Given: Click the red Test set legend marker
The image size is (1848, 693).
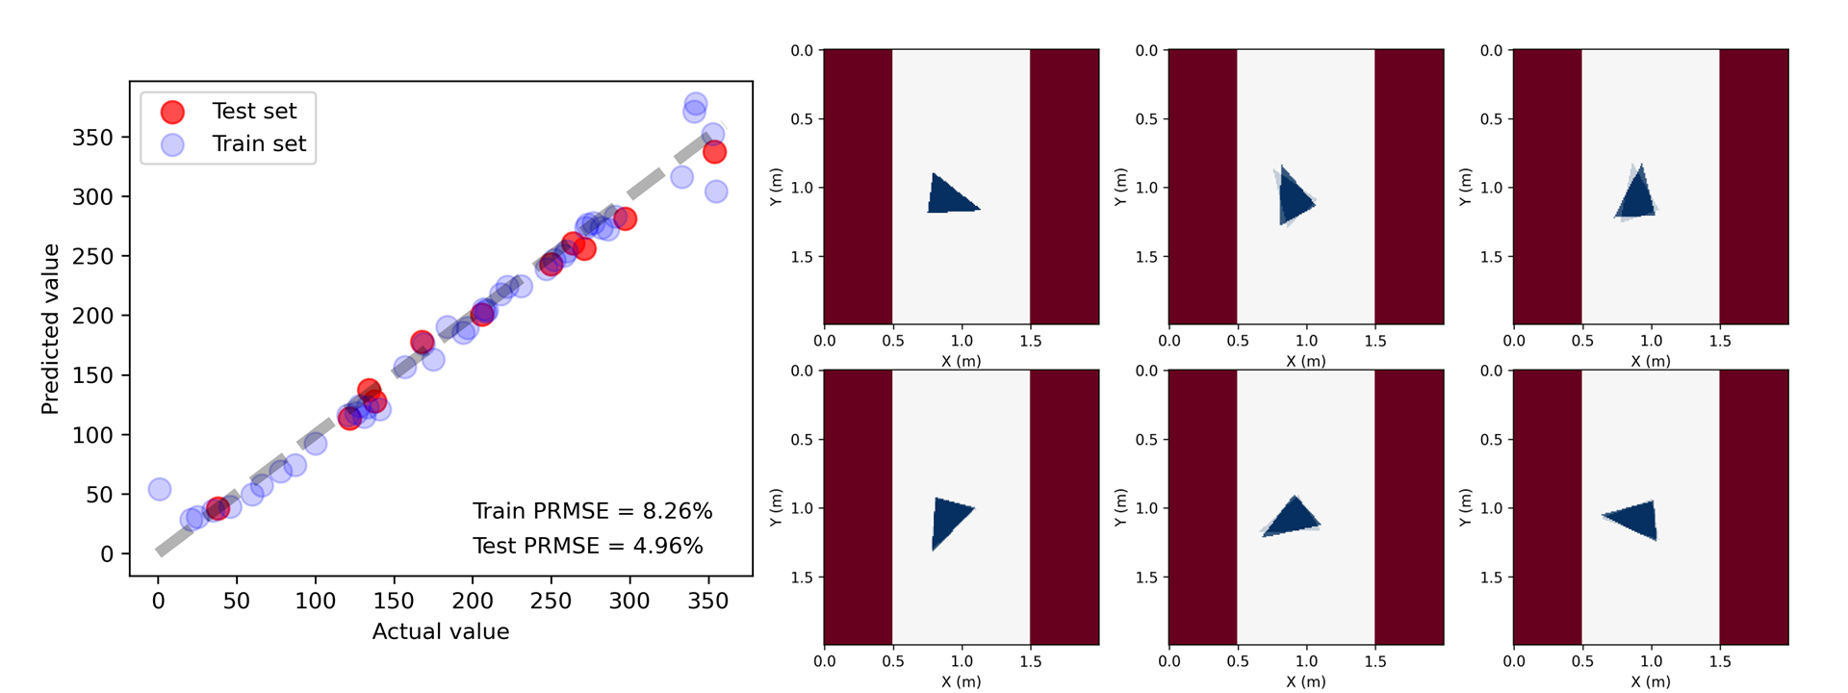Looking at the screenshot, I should pos(172,112).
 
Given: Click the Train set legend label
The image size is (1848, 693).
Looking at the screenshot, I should pos(258,144).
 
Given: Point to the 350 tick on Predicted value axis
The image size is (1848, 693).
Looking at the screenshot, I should pos(92,138).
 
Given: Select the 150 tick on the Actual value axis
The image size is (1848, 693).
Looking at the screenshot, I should pos(393,602).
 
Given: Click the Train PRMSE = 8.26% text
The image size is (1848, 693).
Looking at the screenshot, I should pos(592,511).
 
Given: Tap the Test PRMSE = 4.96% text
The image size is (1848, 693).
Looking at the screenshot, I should pos(587,546).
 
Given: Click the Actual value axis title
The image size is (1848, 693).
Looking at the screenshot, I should pos(441,632).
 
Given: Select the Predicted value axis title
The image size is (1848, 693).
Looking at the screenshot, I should pos(50,329).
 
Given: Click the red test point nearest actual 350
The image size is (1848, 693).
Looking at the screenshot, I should pos(714,152).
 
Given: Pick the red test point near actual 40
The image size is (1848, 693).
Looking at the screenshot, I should pos(218,508).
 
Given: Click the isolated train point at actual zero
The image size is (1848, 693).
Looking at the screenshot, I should pos(160,489).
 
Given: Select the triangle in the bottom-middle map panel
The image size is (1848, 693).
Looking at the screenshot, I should pos(1293,518).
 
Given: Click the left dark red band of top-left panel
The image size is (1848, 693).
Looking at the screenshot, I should pos(858,187).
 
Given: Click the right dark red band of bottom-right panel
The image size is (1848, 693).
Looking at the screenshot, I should pos(1754,507).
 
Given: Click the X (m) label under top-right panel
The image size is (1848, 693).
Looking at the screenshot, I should pos(1651,362).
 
